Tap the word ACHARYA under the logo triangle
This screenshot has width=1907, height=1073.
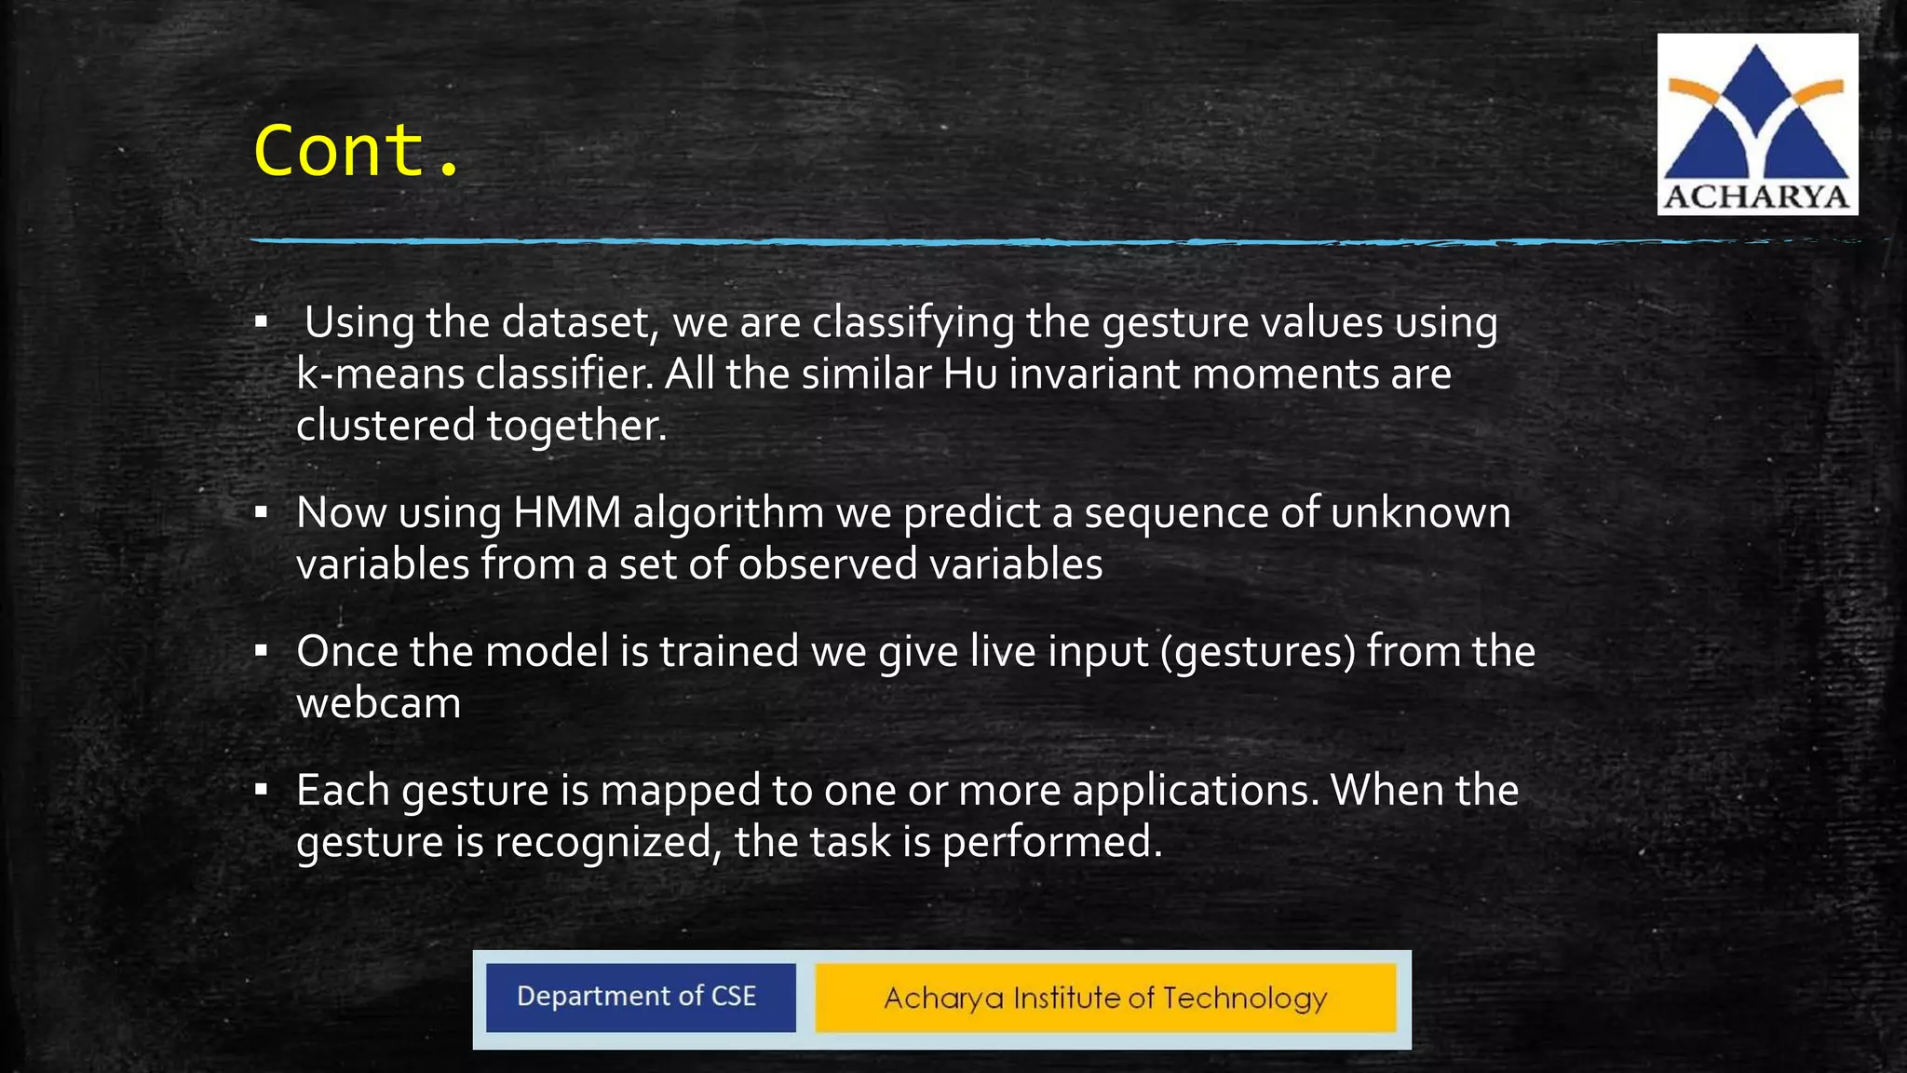pyautogui.click(x=1756, y=197)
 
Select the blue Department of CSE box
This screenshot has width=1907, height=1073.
pyautogui.click(x=640, y=998)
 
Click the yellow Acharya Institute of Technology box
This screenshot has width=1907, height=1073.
pyautogui.click(x=1105, y=998)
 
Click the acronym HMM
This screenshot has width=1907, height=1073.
pyautogui.click(x=566, y=513)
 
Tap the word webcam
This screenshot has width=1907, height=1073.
pyautogui.click(x=378, y=703)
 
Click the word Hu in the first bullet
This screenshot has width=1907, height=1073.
pyautogui.click(x=969, y=374)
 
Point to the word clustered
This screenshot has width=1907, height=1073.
pyautogui.click(x=385, y=426)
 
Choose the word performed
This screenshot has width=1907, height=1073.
pyautogui.click(x=1051, y=843)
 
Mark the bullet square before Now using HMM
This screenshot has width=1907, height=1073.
pyautogui.click(x=262, y=511)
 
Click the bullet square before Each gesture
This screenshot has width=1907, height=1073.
pyautogui.click(x=262, y=790)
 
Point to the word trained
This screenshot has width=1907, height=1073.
pyautogui.click(x=729, y=652)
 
